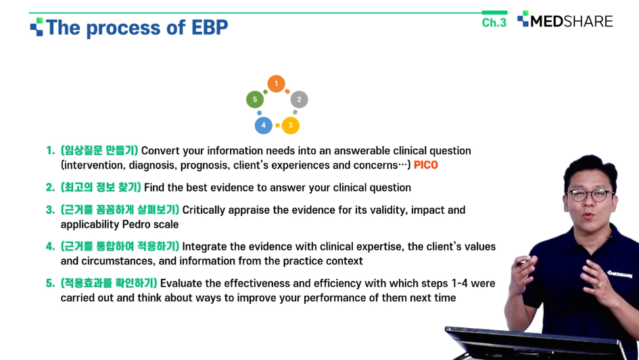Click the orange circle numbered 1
pos(276,84)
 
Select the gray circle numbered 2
pos(299,99)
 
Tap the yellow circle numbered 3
pos(291,125)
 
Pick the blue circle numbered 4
pos(263,125)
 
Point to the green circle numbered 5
pos(255,99)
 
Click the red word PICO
pos(426,165)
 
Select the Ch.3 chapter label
pos(494,22)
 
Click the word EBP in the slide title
pos(210,28)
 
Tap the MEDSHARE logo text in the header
pos(571,21)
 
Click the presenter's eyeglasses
pos(591,195)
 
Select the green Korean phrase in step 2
pos(101,187)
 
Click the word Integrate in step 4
pos(204,247)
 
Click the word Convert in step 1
pos(160,151)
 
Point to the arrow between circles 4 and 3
pos(277,125)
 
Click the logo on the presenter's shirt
pos(619,274)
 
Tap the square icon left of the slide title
pos(37,26)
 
